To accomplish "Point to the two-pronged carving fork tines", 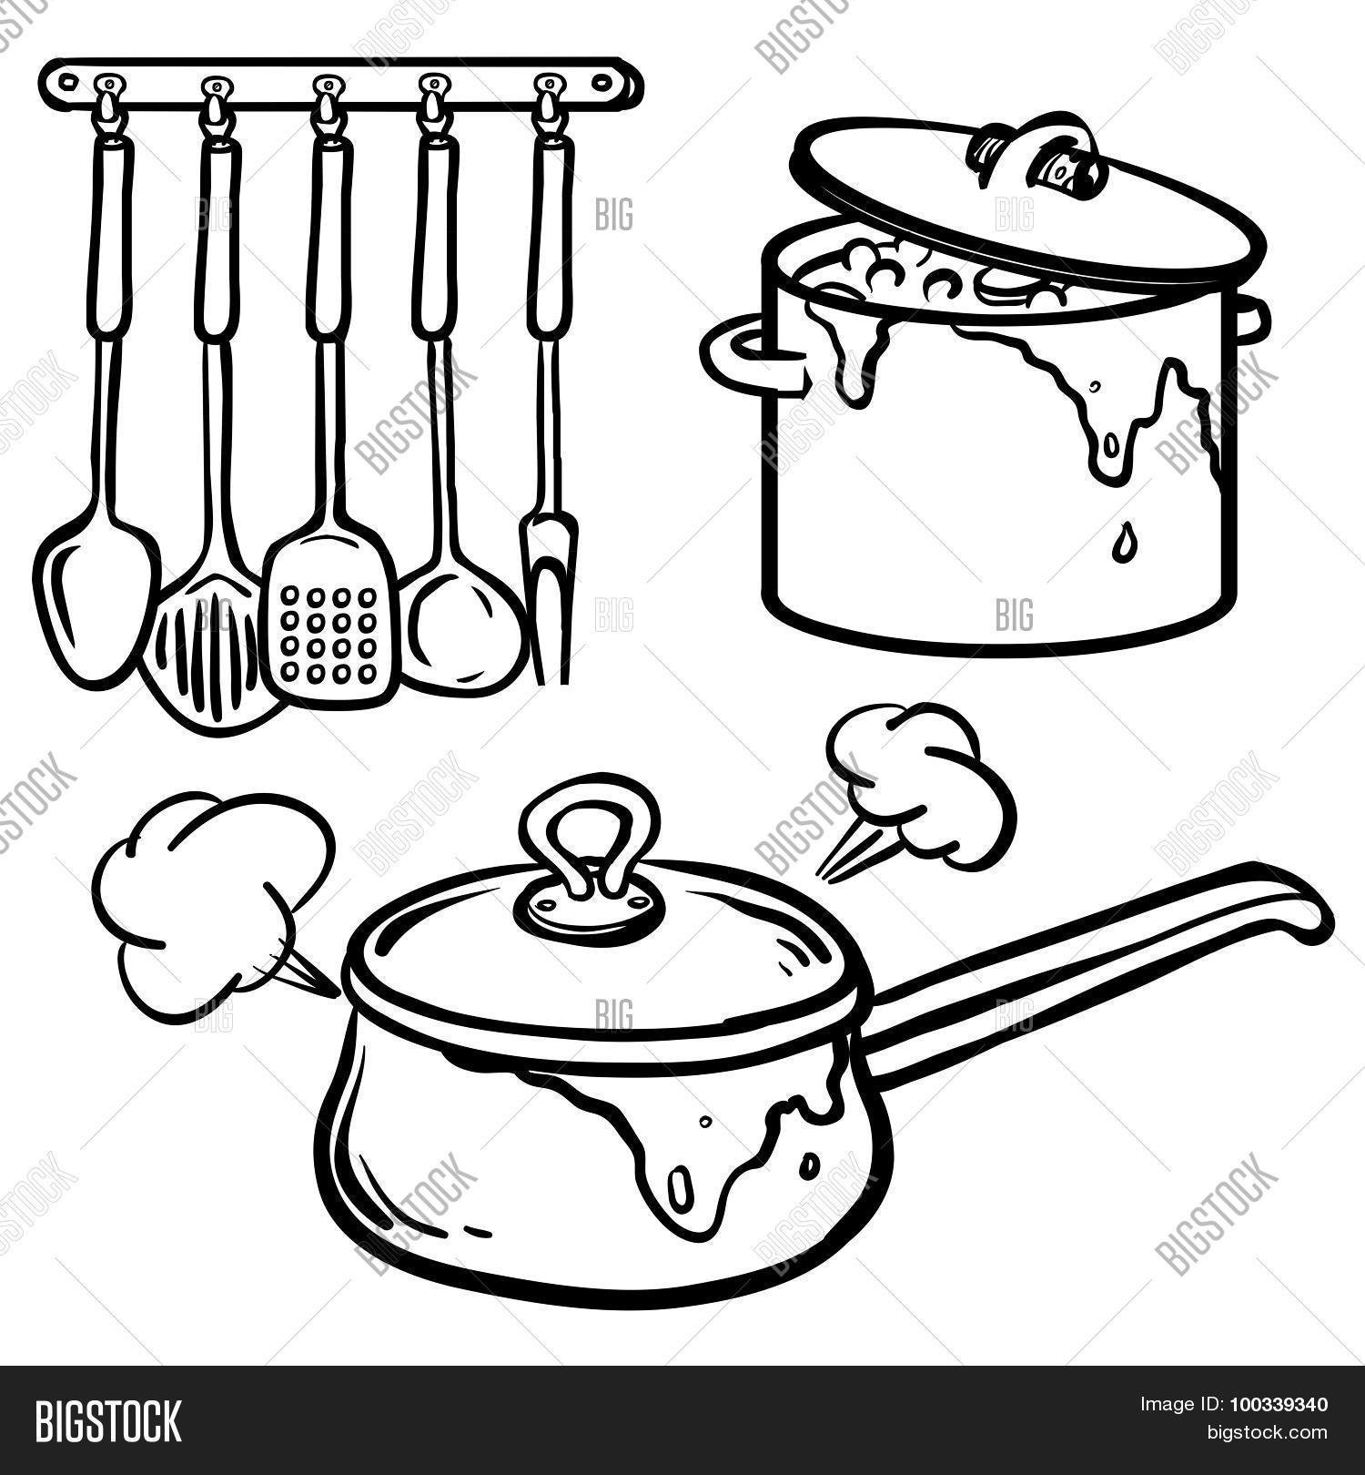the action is (545, 601).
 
